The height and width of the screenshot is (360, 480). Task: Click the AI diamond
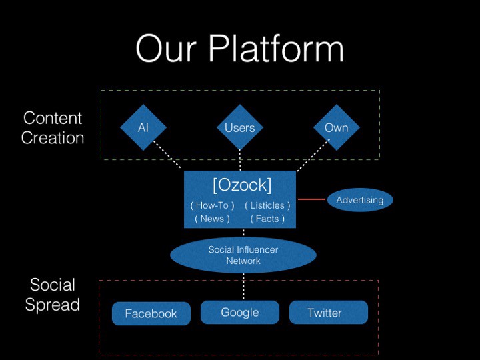tap(143, 127)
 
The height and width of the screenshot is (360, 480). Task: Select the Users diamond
tap(239, 127)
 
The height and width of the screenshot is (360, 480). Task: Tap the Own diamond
tap(336, 127)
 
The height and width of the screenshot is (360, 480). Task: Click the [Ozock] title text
tap(241, 184)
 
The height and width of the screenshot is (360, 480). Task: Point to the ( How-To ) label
tap(212, 205)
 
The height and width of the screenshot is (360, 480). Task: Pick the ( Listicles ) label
tap(267, 205)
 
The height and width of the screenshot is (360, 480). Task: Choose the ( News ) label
tap(212, 219)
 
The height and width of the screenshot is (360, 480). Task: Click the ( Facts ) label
tap(267, 219)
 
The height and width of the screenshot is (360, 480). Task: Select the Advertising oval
tap(360, 200)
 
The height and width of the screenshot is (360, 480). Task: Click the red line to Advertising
tap(311, 199)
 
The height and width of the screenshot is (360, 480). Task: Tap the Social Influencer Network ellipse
tap(243, 255)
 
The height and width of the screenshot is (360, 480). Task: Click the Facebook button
tap(151, 313)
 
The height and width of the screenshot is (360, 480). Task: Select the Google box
tap(239, 312)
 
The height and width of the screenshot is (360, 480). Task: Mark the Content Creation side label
tap(53, 128)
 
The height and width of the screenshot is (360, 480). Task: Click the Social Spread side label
tap(53, 295)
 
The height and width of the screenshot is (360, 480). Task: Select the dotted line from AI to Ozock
tap(167, 155)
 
